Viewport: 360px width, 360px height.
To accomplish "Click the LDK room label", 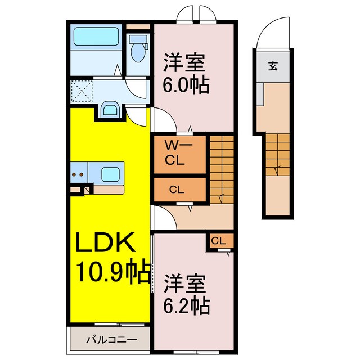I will coord(105,244).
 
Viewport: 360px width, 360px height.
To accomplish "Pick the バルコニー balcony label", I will coord(111,340).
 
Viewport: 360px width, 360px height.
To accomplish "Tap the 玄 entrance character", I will coord(272,66).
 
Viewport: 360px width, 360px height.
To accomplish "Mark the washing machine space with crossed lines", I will coord(82,91).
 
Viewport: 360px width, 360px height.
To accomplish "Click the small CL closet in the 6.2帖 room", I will coord(218,241).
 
